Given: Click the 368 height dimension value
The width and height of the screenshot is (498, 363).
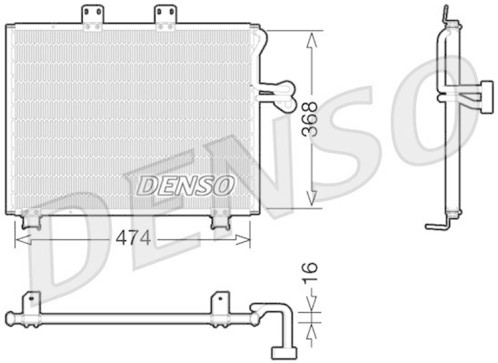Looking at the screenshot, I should (x=311, y=119).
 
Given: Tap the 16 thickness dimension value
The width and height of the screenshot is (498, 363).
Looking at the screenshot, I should (x=311, y=273).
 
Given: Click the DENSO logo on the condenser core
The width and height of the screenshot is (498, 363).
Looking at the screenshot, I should (x=186, y=185).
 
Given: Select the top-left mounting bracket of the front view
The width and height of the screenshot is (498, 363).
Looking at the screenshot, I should (x=93, y=17).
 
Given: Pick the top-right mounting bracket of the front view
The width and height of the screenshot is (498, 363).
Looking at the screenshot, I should (x=165, y=17).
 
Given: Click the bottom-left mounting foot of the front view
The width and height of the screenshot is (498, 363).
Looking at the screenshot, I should (x=31, y=218).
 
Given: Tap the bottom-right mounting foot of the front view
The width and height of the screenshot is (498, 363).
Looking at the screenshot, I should (x=220, y=218).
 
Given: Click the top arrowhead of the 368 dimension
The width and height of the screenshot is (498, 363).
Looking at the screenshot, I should (x=313, y=39).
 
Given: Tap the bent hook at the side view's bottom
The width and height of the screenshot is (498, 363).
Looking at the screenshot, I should (x=435, y=225).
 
